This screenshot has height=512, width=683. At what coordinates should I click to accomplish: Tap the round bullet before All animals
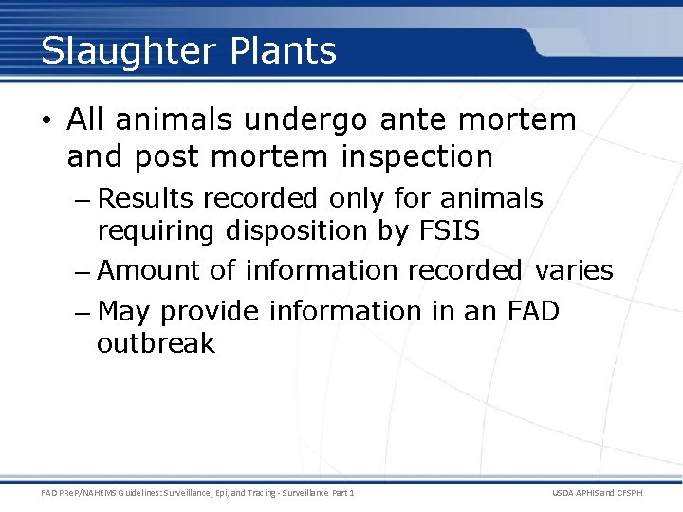pos(48,121)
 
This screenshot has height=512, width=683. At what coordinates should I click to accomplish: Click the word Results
pos(146,199)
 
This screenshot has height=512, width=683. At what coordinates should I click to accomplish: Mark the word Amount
pos(150,271)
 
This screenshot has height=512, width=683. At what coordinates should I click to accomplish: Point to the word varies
pos(573,271)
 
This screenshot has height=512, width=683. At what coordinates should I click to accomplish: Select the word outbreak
pos(157,343)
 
